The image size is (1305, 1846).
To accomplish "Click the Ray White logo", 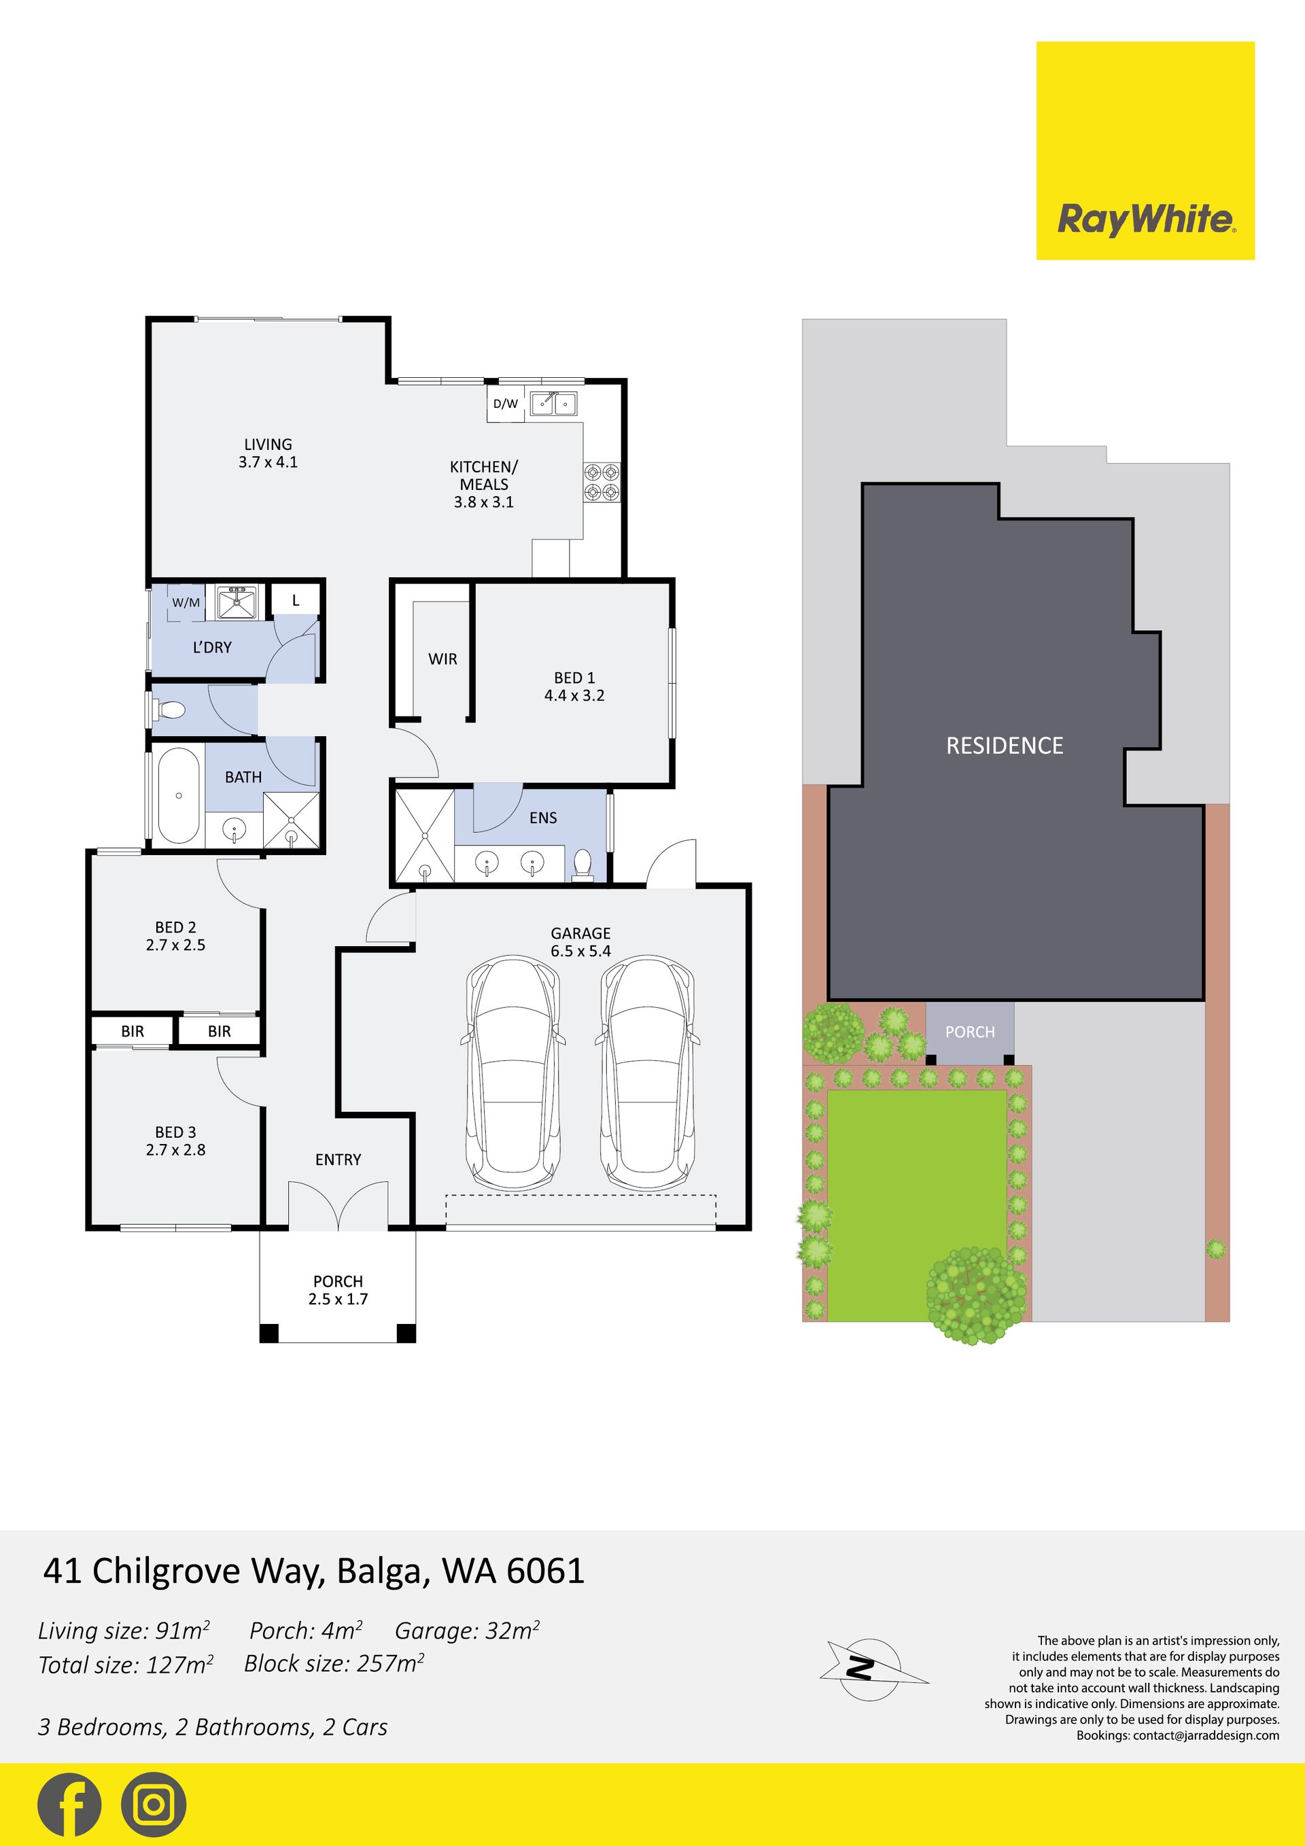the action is (1145, 150).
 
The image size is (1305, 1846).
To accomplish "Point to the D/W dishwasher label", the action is (506, 404).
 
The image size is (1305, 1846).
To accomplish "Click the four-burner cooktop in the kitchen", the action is (602, 481).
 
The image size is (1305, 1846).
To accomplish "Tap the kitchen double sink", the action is (553, 403).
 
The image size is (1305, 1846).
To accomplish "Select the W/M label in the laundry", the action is (186, 602).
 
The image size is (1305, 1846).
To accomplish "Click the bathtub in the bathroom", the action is (179, 796).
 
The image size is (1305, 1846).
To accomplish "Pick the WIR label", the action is (442, 659).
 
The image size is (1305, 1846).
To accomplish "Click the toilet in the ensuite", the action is (583, 865).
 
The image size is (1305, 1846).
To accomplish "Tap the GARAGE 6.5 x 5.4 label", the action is (580, 941).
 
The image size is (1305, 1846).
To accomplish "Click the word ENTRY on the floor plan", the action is (338, 1160).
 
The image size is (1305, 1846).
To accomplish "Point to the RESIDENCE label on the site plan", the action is (1005, 746).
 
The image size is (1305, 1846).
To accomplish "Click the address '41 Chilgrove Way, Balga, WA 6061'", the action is (313, 1571).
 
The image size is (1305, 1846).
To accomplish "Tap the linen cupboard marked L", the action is (295, 599).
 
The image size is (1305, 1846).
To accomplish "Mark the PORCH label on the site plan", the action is (970, 1032).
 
